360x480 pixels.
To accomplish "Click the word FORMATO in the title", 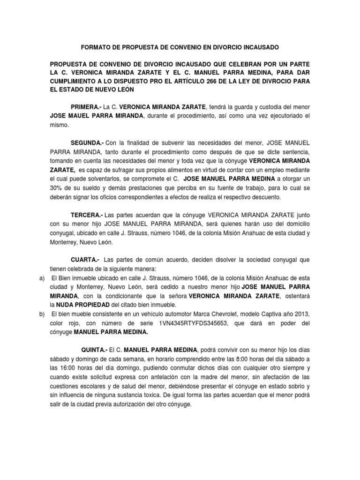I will point(95,48).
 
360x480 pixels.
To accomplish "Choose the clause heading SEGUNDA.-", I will point(87,142).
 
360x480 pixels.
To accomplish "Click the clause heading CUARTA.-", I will point(85,259).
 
